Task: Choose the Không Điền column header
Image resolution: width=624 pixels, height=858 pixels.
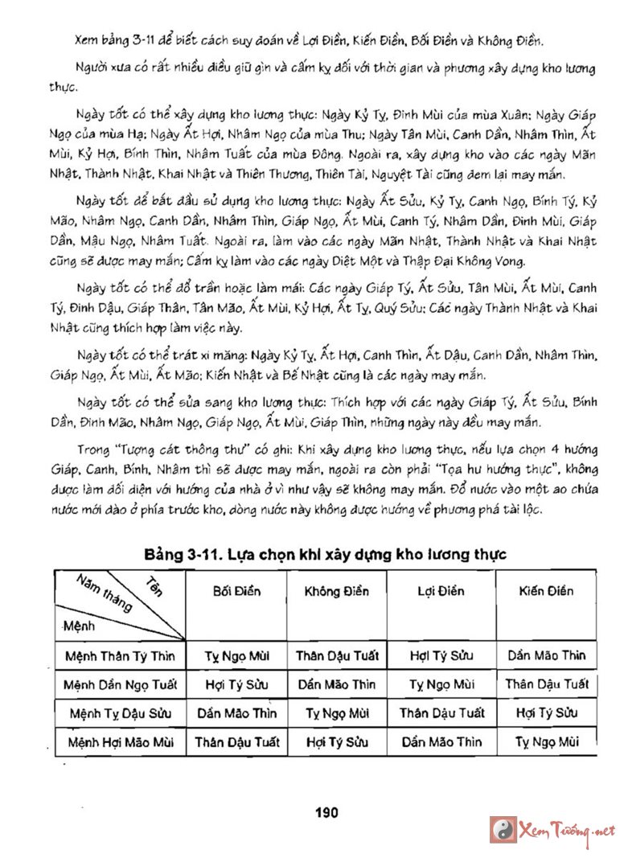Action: [x=337, y=591]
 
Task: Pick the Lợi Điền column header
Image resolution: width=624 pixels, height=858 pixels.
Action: [x=441, y=591]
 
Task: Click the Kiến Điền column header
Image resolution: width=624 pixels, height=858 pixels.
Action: [x=546, y=591]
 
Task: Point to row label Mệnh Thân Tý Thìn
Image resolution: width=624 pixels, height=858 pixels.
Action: [x=120, y=655]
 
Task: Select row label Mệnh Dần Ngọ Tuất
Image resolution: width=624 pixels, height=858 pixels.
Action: [x=120, y=684]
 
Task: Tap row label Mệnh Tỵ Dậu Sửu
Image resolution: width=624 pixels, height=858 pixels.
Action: [x=120, y=713]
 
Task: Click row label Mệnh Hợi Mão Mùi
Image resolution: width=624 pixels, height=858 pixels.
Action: [x=120, y=741]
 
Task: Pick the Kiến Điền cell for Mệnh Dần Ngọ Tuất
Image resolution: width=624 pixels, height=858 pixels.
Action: [x=547, y=684]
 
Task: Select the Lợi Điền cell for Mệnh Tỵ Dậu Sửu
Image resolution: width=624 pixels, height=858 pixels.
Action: [x=441, y=713]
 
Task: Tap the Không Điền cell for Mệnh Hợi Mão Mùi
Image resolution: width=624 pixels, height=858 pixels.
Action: [x=337, y=741]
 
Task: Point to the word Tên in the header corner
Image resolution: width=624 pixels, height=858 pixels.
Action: [x=154, y=586]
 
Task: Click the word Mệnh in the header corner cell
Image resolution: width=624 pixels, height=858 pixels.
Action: [x=80, y=624]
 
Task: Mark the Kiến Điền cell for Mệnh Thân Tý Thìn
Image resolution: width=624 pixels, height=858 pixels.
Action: [x=547, y=655]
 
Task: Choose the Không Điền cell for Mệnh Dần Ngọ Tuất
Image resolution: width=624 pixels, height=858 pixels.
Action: [x=337, y=684]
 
